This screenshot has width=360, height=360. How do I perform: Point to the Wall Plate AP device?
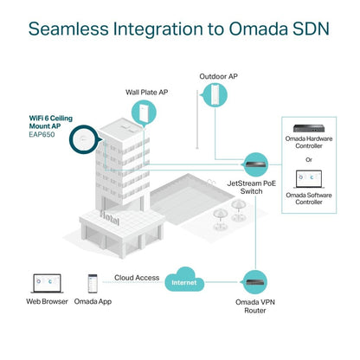[x=141, y=112]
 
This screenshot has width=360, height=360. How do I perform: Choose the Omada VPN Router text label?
[x=258, y=305]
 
